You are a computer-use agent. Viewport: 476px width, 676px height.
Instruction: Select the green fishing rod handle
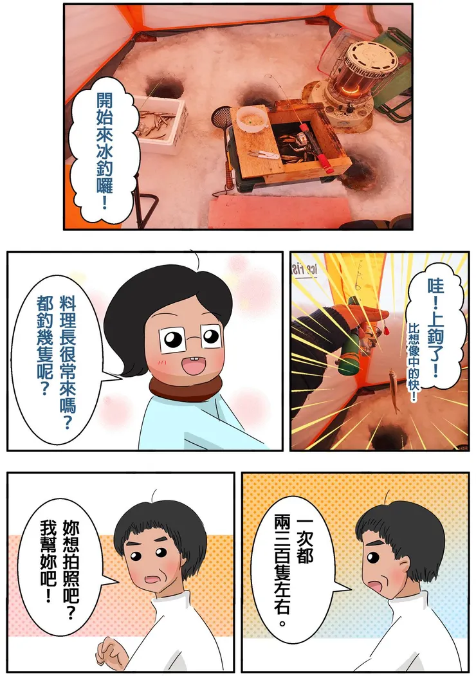(x=349, y=336)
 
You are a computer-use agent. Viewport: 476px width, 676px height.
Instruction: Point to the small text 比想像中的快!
(x=414, y=362)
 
